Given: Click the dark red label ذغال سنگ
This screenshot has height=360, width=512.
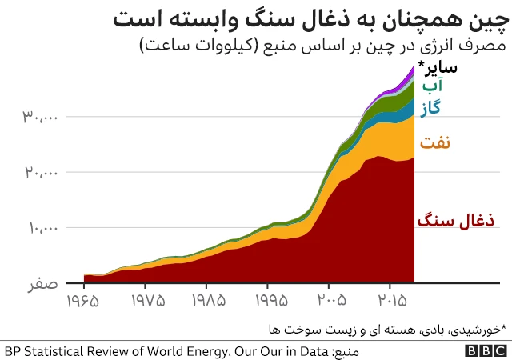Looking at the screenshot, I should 455,220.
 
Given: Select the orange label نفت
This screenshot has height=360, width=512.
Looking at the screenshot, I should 434,143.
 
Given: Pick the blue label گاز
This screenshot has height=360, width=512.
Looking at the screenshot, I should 431,106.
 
